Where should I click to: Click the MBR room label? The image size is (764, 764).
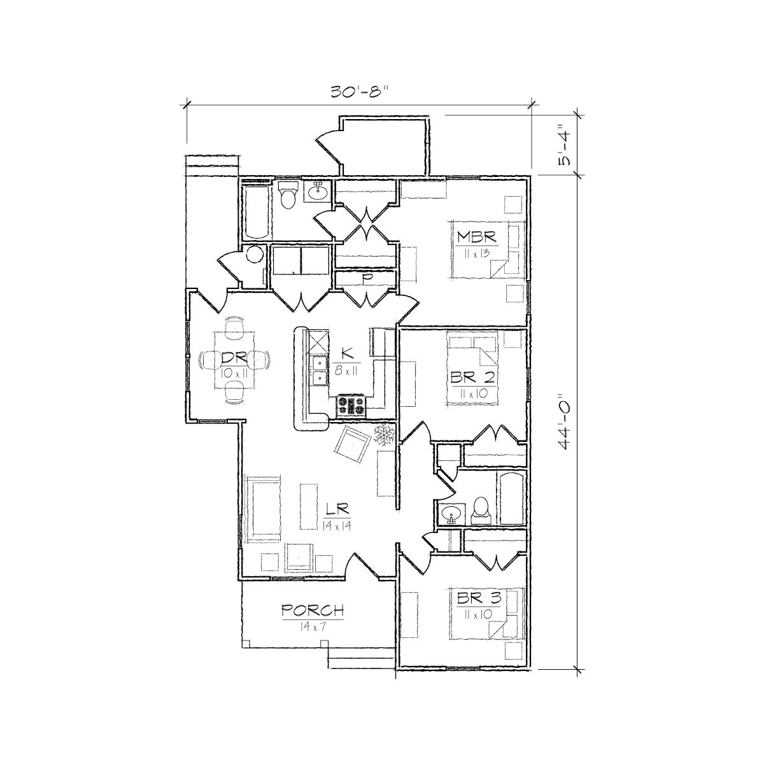[476, 237]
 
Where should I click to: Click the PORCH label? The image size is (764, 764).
[313, 610]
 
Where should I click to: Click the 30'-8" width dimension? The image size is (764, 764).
[358, 92]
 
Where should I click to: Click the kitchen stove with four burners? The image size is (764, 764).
[351, 406]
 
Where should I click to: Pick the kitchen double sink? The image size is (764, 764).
[318, 371]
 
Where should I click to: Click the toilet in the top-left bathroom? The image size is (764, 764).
[288, 194]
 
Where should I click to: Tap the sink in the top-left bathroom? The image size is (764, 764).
[317, 190]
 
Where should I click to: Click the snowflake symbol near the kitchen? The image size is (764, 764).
[384, 434]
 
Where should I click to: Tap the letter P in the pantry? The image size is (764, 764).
[366, 278]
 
